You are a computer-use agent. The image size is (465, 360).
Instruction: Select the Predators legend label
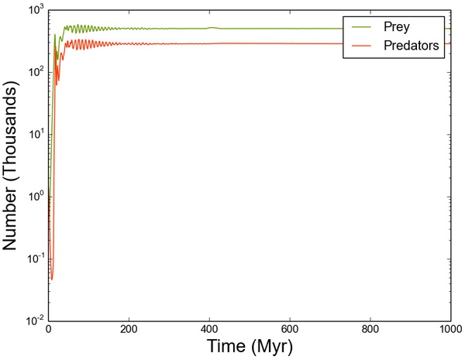coord(412,46)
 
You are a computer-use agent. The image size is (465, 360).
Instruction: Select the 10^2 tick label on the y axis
coord(33,72)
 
